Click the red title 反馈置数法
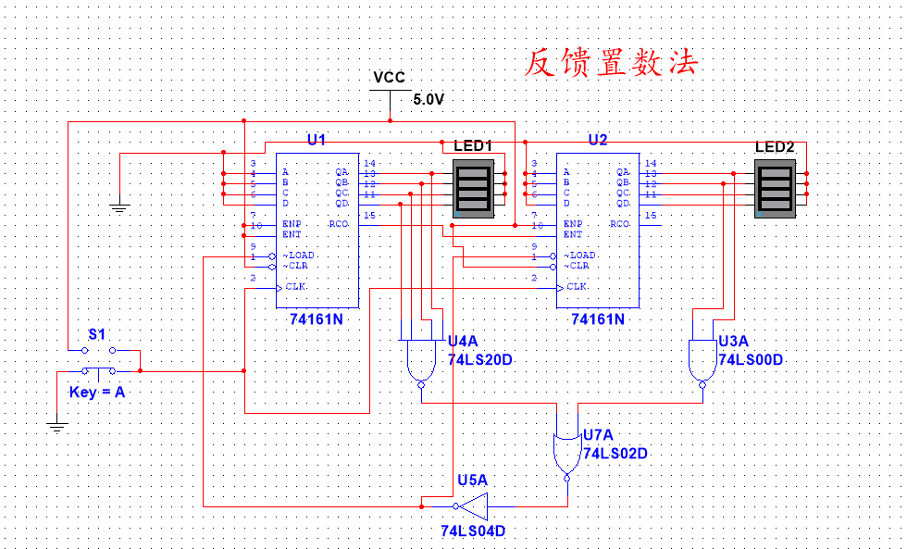coord(610,62)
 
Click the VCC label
coord(389,77)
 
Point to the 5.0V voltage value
coord(429,99)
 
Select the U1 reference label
coord(317,140)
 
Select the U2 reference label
coord(598,140)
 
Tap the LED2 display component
coord(775,188)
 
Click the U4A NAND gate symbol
coord(420,361)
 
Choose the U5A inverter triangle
coord(474,506)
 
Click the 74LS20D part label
coord(479,359)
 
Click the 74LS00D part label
coord(751,359)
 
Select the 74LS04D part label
coord(473,531)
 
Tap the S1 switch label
coord(97,333)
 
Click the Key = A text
coord(96,392)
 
